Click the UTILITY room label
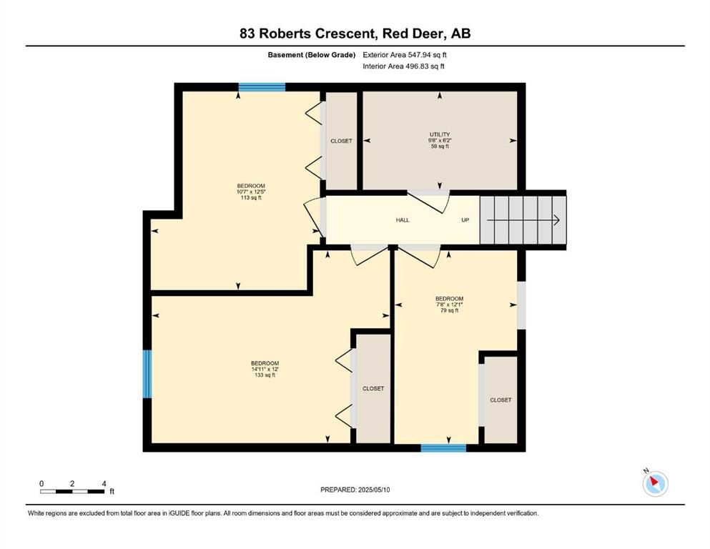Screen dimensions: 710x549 (440, 134)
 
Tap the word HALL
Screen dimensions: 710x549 (403, 220)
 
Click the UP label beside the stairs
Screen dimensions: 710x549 (465, 220)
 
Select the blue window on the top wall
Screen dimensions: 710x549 (262, 87)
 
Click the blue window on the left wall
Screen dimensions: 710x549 (147, 374)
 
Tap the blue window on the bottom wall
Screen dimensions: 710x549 (443, 448)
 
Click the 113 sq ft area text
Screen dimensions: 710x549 (251, 198)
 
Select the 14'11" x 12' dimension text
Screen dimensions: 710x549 (265, 370)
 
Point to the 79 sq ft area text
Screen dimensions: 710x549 (449, 310)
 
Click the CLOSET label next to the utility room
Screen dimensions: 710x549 (342, 142)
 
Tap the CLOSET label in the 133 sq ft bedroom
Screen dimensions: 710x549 (373, 389)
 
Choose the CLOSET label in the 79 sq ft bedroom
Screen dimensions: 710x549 (501, 400)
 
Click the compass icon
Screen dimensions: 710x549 (655, 483)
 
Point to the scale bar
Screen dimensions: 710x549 (73, 491)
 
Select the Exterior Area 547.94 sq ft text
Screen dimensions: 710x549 (405, 55)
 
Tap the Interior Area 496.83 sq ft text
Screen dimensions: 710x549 (403, 66)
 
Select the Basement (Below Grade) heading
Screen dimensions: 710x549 (312, 55)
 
